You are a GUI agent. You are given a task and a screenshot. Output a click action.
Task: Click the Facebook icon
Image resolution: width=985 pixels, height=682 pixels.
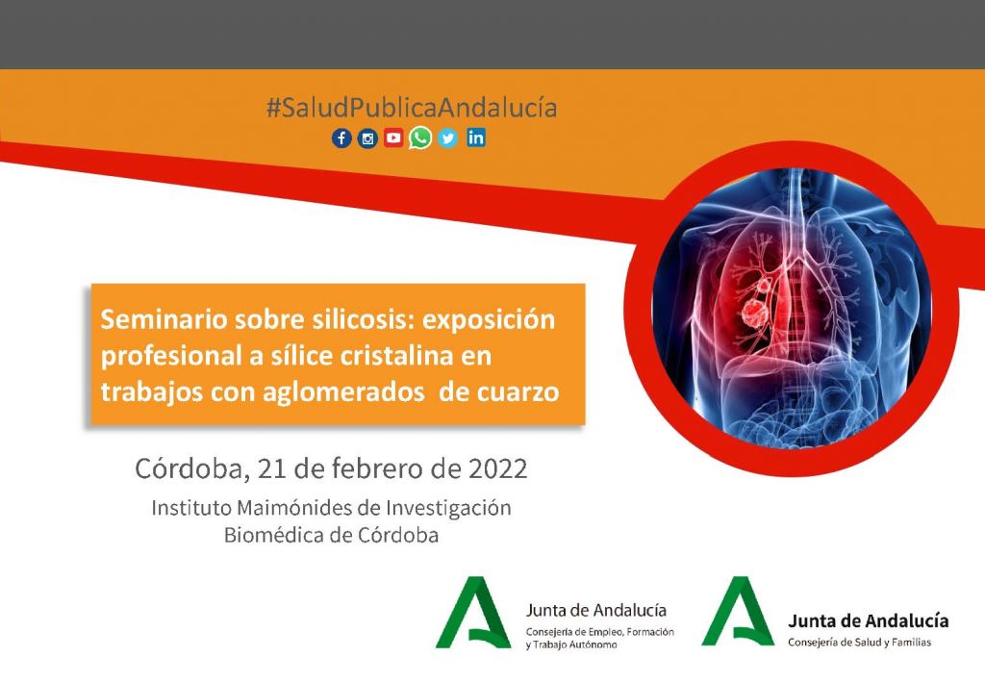point(341,139)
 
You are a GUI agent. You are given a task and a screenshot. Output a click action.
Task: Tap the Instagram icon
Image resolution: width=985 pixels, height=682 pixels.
point(367,139)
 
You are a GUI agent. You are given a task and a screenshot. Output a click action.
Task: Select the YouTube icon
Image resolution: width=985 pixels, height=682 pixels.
point(393,139)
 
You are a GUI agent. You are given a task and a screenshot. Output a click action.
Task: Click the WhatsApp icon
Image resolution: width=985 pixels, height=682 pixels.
point(420,138)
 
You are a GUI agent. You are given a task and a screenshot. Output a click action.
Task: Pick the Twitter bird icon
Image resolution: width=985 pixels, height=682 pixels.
point(448,139)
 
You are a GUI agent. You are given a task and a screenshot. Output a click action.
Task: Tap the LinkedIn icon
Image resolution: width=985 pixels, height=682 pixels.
point(476,138)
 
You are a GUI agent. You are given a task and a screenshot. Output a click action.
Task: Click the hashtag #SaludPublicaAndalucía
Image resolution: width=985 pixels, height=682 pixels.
point(412,108)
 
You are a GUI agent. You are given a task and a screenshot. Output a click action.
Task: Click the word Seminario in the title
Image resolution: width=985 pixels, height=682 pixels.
point(164,319)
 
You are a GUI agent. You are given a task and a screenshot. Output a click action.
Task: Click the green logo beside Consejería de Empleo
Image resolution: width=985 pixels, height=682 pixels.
point(473,613)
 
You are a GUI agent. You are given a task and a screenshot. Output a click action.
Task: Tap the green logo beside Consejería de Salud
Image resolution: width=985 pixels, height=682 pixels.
point(738,611)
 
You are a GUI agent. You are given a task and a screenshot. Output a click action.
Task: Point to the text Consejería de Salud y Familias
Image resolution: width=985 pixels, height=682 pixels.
point(859,643)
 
